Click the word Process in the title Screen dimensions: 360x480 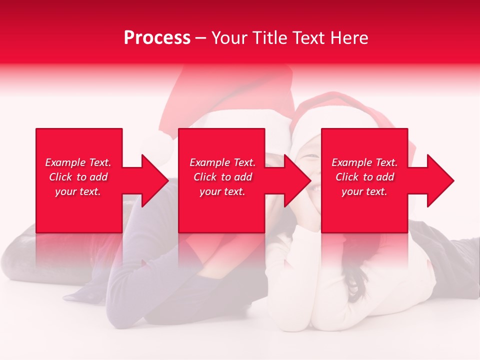[x=157, y=38]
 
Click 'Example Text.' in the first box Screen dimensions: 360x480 [x=78, y=162]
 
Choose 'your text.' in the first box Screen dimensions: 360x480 [x=78, y=191]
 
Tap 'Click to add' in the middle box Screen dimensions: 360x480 [x=222, y=177]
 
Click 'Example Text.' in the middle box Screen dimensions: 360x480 [x=222, y=162]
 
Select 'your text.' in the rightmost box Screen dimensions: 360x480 [x=364, y=191]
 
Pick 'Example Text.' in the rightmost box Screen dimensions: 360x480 [x=364, y=162]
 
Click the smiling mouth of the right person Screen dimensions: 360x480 [x=313, y=189]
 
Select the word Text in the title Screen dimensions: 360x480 [x=308, y=38]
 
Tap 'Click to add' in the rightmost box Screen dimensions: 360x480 [x=364, y=177]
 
